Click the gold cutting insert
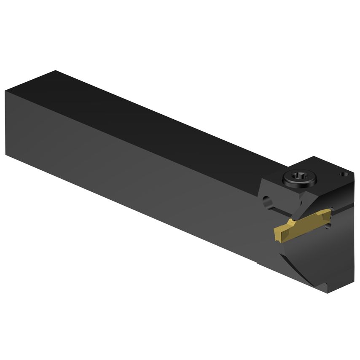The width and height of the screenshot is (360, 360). point(301,225)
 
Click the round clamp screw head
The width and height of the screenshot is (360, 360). point(299,180)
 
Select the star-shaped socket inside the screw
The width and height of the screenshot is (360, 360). point(299,178)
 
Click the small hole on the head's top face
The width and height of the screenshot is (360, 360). point(344,173)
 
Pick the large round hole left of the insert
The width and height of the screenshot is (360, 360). point(266,201)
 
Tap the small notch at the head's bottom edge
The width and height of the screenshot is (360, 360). point(325,286)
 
